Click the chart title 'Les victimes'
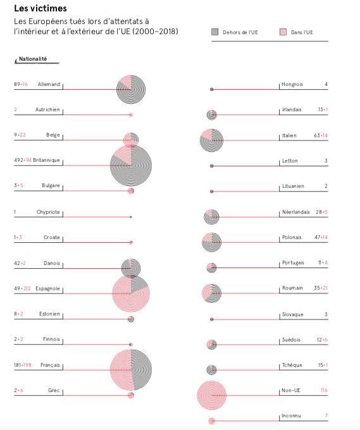pyautogui.click(x=40, y=8)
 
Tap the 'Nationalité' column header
pyautogui.click(x=33, y=59)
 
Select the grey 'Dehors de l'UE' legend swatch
pyautogui.click(x=215, y=32)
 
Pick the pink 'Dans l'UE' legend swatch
pyautogui.click(x=283, y=32)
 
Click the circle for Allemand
pyautogui.click(x=131, y=89)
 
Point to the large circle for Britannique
pyautogui.click(x=131, y=166)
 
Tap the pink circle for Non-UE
pyautogui.click(x=211, y=395)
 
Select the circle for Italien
pyautogui.click(x=211, y=140)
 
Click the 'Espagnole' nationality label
pyautogui.click(x=47, y=288)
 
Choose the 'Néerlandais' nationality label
pyautogui.click(x=296, y=212)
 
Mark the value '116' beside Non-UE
pyautogui.click(x=324, y=390)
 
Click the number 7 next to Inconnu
pyautogui.click(x=326, y=415)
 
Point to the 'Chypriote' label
pyautogui.click(x=48, y=212)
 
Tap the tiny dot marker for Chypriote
pyautogui.click(x=131, y=217)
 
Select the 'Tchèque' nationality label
pyautogui.click(x=292, y=365)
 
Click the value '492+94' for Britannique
pyautogui.click(x=23, y=160)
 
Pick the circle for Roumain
pyautogui.click(x=211, y=293)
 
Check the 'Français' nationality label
pyautogui.click(x=50, y=365)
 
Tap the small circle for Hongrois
pyautogui.click(x=211, y=89)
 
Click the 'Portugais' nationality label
pyautogui.click(x=293, y=262)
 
